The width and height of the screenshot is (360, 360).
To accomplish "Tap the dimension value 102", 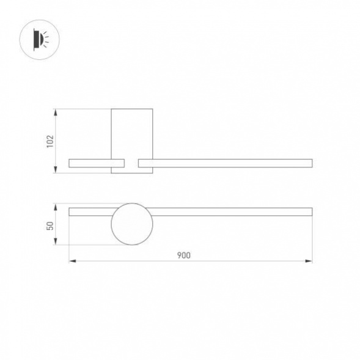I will click(x=51, y=141).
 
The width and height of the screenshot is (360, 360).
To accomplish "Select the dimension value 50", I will click(x=51, y=226).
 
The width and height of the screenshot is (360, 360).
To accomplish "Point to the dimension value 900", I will click(x=184, y=255).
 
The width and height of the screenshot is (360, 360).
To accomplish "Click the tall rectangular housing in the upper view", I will click(x=131, y=133).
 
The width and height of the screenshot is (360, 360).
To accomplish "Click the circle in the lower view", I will click(x=131, y=224).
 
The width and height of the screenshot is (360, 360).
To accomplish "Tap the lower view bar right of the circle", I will click(x=232, y=211).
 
